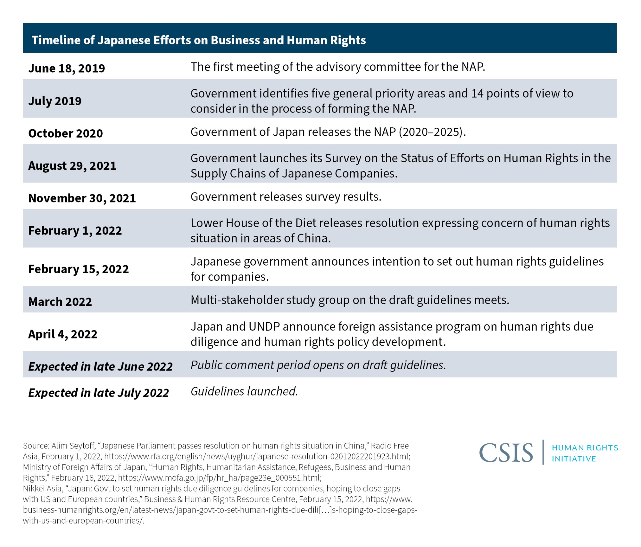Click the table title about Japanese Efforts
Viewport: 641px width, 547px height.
point(198,40)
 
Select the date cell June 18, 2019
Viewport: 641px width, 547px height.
point(67,68)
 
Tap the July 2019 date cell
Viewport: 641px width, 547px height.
point(55,101)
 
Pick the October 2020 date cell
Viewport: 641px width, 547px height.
point(65,133)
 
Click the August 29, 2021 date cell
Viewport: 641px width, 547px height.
point(72,166)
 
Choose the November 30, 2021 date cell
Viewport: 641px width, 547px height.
point(82,198)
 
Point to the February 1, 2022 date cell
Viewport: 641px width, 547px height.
point(75,231)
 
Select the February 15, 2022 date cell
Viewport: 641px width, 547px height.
point(79,269)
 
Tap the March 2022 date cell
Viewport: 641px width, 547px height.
point(60,302)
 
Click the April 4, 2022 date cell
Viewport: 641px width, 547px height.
point(63,334)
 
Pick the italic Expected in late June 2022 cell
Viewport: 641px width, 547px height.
point(100,367)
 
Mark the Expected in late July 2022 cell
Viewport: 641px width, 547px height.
point(98,393)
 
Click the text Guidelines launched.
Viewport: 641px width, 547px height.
point(244,391)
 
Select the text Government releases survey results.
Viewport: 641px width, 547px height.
point(286,197)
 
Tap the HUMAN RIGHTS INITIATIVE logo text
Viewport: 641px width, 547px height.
point(585,453)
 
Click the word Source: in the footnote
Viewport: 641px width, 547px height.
point(36,446)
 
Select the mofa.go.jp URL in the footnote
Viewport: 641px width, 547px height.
point(220,478)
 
